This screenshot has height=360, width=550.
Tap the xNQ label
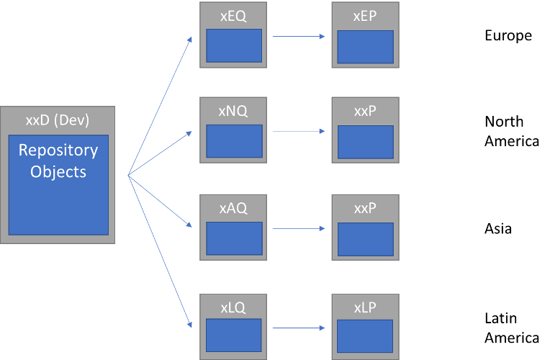(233, 112)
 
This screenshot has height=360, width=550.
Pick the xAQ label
(233, 208)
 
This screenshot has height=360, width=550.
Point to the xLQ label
(233, 307)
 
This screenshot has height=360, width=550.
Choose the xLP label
(365, 307)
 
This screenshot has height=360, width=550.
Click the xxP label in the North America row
(365, 112)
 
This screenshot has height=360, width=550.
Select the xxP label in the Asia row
(365, 208)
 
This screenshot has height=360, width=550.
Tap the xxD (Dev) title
(58, 120)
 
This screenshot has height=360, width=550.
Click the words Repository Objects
(58, 161)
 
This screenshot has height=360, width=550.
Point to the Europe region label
(508, 35)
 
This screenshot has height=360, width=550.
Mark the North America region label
(511, 131)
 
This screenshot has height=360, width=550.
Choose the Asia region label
(498, 229)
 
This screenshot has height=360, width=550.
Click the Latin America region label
(511, 328)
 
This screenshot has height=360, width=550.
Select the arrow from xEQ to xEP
(298, 36)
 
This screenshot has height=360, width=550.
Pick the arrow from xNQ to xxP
(298, 132)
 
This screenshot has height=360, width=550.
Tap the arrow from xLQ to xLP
(298, 328)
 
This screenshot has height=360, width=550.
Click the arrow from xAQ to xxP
(298, 229)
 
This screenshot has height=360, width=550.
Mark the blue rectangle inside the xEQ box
(233, 45)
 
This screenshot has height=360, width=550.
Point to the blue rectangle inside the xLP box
(365, 336)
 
